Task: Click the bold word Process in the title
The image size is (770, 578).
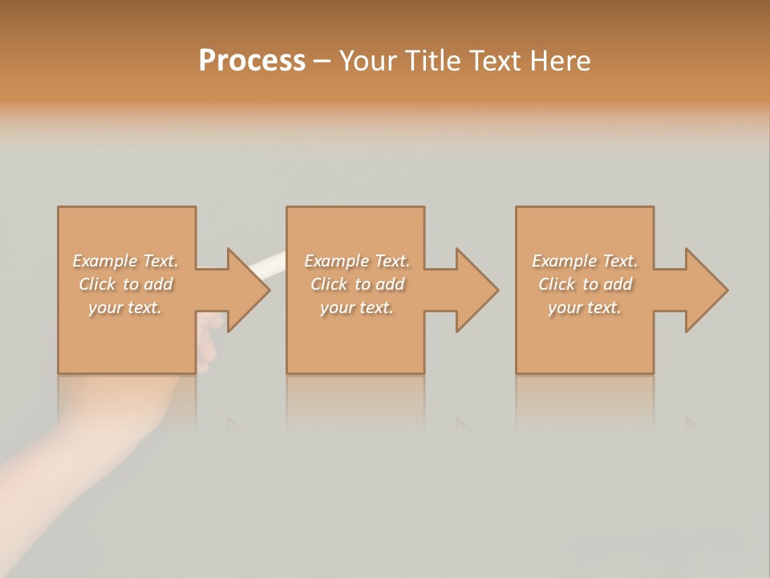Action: tap(252, 61)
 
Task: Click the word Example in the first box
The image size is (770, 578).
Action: tap(104, 261)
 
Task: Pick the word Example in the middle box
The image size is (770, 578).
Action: tap(336, 261)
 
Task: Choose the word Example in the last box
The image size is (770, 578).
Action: tap(564, 261)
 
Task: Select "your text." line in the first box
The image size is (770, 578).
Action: tap(125, 307)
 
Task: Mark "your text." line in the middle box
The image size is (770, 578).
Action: tap(356, 307)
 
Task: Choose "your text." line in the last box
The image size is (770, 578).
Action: tap(585, 307)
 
